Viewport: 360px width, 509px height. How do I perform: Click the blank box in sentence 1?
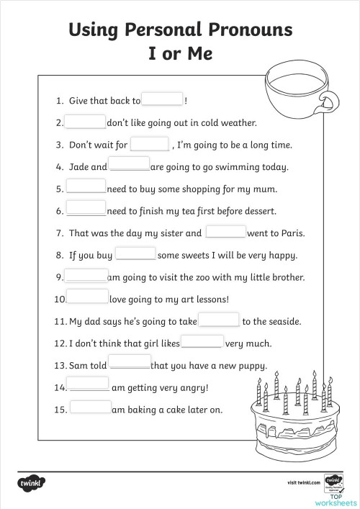[x=163, y=100]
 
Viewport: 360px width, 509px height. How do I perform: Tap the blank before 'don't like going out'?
[x=86, y=122]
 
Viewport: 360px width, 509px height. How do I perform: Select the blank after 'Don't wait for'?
[x=149, y=144]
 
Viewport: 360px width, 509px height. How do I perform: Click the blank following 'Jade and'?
[x=130, y=166]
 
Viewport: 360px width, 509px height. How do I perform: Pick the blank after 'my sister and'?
[x=226, y=232]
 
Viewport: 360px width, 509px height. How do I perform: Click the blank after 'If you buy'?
[x=135, y=254]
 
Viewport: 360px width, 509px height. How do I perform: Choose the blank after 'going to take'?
[x=219, y=320]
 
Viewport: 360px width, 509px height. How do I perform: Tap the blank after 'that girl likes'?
[x=202, y=343]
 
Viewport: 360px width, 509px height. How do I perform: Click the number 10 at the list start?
[x=60, y=299]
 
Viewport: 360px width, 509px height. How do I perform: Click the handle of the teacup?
[x=330, y=100]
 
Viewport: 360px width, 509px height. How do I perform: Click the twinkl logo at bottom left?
[x=28, y=481]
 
